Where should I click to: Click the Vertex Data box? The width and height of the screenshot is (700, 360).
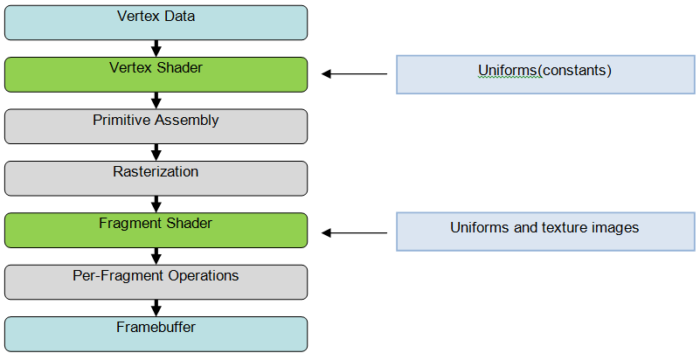coord(156,23)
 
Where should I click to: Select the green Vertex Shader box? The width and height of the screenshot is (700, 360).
coord(156,74)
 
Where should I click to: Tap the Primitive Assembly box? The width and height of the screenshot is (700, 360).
coord(156,127)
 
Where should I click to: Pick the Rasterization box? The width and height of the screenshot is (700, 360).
coord(156,178)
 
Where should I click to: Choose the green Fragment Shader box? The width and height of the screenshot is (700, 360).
coord(156,230)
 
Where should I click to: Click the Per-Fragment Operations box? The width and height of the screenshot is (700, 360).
coord(156,282)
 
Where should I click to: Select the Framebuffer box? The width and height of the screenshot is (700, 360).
coord(156,334)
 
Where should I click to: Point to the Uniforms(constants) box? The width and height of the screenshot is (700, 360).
coord(545,74)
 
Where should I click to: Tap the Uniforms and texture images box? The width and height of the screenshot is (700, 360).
coord(545,232)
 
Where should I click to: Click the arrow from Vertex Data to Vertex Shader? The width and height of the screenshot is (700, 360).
coord(156,49)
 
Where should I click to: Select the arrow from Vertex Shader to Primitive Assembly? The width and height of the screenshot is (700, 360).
coord(156,100)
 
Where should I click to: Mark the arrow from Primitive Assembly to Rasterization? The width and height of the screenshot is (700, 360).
coord(156,153)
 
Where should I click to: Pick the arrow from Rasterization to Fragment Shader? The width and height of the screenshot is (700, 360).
coord(156,204)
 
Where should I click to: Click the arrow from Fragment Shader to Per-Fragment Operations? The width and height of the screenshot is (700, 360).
coord(156,256)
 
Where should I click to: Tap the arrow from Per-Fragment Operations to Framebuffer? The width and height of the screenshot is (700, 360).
coord(156,308)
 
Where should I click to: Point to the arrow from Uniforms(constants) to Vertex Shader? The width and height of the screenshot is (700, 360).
coord(355,73)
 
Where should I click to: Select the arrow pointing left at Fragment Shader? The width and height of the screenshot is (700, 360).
coord(355,232)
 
